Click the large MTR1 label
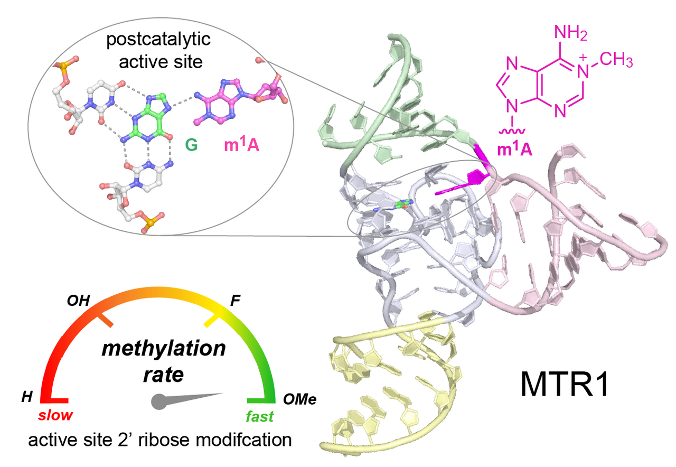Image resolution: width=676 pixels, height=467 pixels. coord(565,385)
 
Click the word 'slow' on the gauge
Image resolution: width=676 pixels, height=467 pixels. coord(55,415)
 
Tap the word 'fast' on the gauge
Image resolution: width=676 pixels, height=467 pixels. coord(260,416)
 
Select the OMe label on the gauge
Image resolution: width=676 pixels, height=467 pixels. coord(299,399)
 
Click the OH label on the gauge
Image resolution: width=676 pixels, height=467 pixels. coord(78,301)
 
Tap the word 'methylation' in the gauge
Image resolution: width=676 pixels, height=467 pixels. coord(163,349)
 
